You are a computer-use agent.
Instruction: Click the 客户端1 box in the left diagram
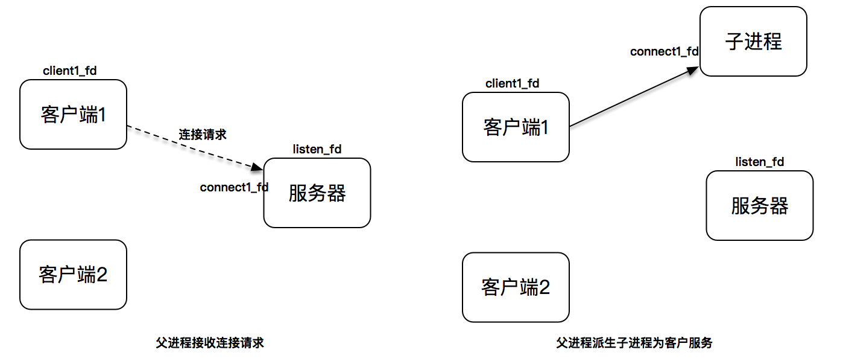[73, 114]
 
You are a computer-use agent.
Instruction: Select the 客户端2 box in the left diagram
[73, 274]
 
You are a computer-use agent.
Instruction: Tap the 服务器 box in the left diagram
[317, 193]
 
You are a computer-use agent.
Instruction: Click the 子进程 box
[753, 41]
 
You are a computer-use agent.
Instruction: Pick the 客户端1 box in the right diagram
[516, 127]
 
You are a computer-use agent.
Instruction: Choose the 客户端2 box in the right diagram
[516, 287]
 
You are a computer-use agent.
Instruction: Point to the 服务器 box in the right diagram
[759, 205]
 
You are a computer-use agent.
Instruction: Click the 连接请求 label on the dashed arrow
[203, 134]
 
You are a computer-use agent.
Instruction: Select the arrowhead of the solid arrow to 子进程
[694, 70]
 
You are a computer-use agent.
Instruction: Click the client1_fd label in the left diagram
[70, 71]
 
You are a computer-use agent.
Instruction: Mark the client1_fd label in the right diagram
[513, 83]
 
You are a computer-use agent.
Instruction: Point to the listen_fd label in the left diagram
[317, 149]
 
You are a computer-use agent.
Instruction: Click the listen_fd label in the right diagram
[760, 162]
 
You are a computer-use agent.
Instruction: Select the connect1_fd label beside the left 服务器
[234, 187]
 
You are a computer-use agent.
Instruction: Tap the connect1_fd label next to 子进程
[664, 52]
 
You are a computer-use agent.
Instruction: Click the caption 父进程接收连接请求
[210, 343]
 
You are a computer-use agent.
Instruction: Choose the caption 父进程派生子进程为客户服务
[634, 343]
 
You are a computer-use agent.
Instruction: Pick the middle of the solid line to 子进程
[632, 98]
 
